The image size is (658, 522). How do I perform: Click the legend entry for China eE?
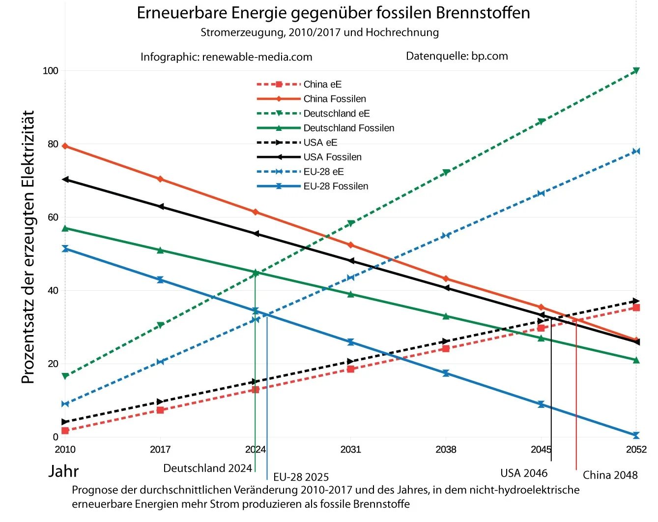coord(322,84)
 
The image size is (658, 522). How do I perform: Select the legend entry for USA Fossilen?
coord(332,157)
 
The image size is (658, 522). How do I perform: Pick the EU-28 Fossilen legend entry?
coord(336,186)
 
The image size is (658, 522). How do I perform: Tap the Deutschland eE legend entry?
coord(336,113)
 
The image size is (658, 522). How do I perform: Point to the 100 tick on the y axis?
coord(51,71)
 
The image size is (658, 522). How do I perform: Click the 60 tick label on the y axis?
coord(53,217)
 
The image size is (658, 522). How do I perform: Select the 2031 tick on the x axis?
coord(350,449)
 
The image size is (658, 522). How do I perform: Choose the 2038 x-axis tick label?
coord(446,449)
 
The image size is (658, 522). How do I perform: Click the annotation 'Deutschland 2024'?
coord(207,468)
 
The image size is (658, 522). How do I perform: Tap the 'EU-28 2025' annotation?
coord(301,477)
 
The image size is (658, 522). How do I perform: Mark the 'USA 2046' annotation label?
coord(524,473)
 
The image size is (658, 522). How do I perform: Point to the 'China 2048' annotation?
coord(610,475)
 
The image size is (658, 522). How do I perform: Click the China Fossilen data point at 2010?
coord(65,146)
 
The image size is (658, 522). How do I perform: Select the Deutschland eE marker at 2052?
coord(636,71)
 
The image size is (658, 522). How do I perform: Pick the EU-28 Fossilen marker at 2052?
coord(636,435)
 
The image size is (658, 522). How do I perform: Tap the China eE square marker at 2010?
coord(65,430)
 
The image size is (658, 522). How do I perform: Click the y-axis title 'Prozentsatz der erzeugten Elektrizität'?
coord(28,247)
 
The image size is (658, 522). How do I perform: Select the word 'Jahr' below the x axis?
coord(63,471)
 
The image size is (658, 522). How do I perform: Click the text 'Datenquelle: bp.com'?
coord(457,56)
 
